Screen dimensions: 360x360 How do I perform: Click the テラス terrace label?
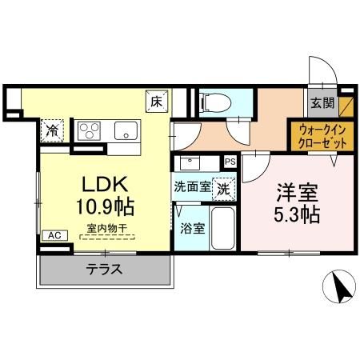click(x=104, y=270)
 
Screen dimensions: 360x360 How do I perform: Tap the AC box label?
click(x=53, y=235)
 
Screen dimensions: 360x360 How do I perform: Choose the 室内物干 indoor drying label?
click(x=106, y=229)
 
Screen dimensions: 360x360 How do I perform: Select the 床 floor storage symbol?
click(x=157, y=101)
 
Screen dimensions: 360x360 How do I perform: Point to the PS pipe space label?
click(x=230, y=162)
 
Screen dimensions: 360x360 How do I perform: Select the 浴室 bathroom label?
click(x=193, y=227)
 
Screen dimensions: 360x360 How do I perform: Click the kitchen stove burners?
click(x=88, y=129)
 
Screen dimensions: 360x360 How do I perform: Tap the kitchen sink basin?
click(x=126, y=130)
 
